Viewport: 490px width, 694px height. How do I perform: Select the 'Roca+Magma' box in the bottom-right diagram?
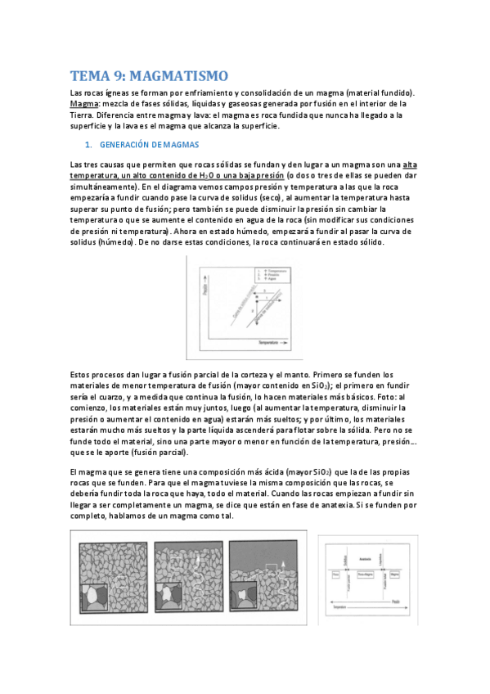(366, 575)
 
